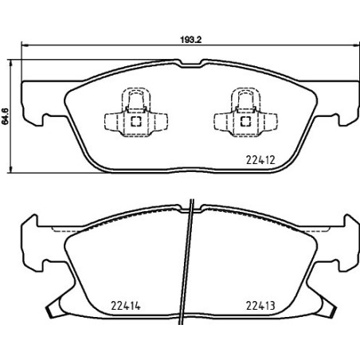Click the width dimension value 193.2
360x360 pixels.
coord(186,37)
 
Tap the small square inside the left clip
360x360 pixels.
coord(135,122)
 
